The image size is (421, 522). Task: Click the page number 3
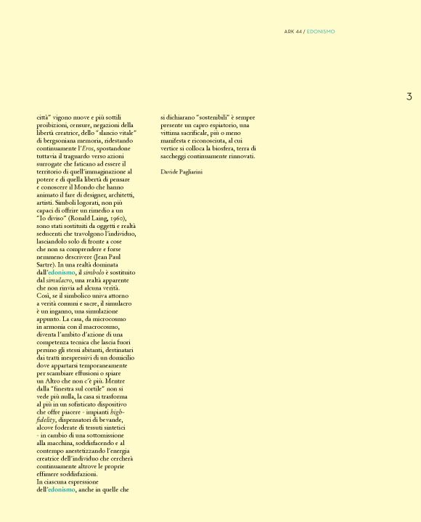click(409, 97)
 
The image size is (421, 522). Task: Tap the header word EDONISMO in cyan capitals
click(321, 31)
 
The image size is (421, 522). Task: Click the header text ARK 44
click(293, 31)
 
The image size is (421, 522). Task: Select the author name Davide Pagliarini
click(181, 171)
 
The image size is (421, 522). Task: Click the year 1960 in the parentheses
click(119, 218)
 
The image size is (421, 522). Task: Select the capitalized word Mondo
click(82, 187)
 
